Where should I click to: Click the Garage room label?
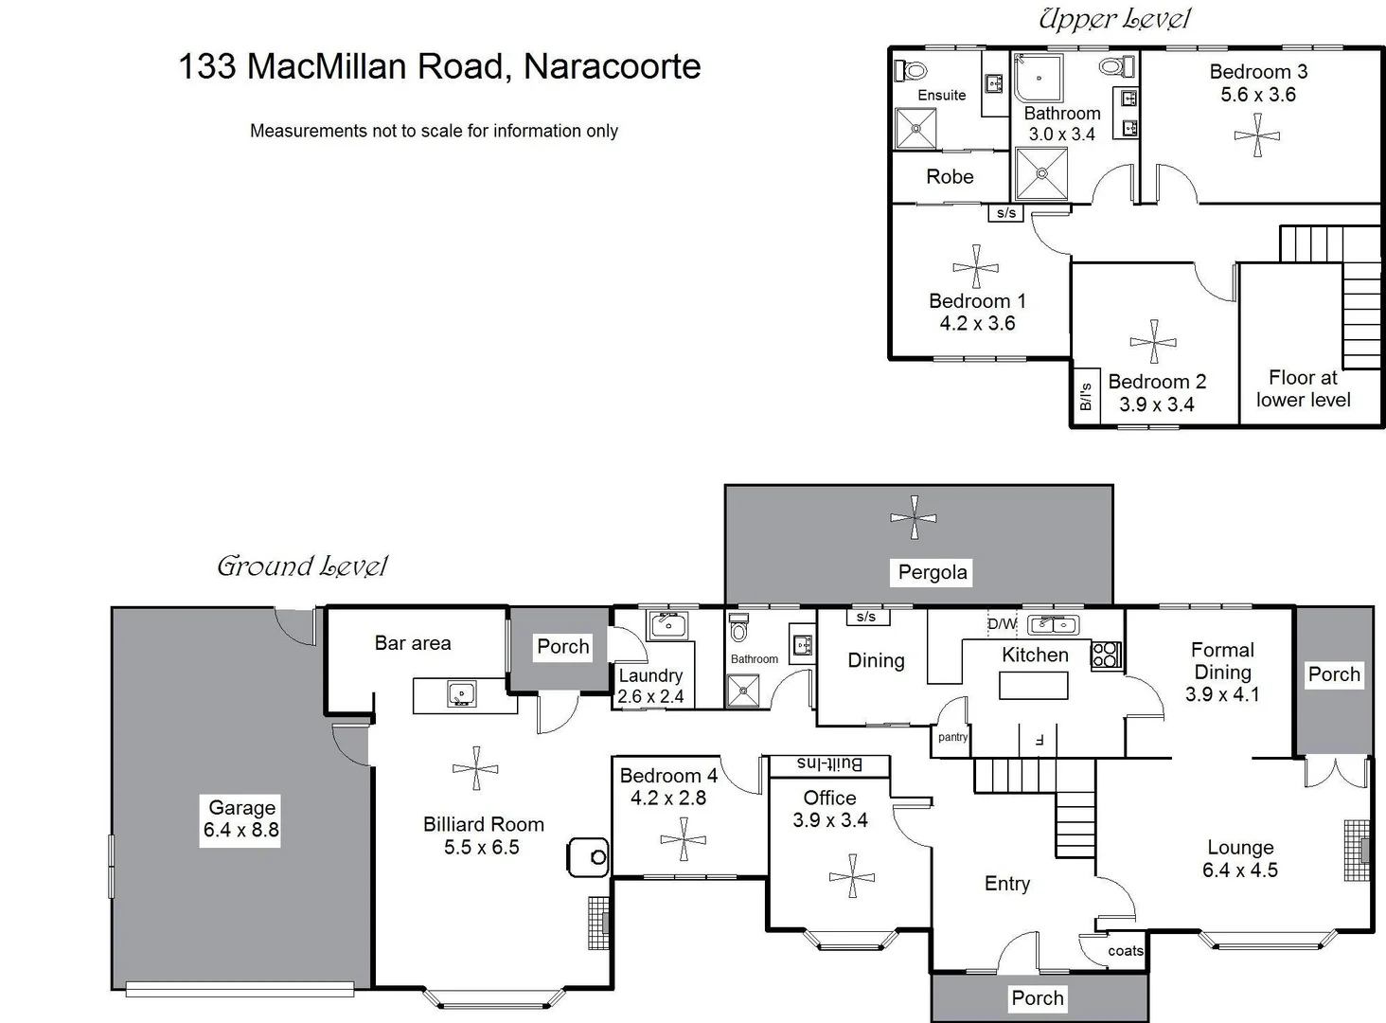[x=241, y=808]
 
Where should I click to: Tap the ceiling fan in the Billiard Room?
[x=475, y=768]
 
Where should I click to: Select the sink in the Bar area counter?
[x=462, y=694]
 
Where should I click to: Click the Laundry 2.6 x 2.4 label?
[x=650, y=686]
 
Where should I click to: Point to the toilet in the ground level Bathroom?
[x=739, y=628]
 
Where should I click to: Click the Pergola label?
[x=933, y=572]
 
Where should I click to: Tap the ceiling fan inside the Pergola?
[x=914, y=518]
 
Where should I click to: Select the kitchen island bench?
[x=1033, y=685]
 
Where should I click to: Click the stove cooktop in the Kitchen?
[x=1106, y=655]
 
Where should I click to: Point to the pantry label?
[x=953, y=737]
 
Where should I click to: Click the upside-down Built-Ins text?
[x=829, y=763]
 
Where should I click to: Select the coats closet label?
[x=1126, y=951]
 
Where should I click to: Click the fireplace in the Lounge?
[x=1359, y=850]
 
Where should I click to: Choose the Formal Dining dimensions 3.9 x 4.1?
[x=1222, y=694]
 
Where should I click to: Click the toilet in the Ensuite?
[x=914, y=70]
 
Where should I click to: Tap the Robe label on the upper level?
[x=950, y=177]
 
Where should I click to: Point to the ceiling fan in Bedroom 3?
[x=1257, y=135]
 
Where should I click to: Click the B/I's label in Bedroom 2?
[x=1086, y=397]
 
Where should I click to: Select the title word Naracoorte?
[x=612, y=66]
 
